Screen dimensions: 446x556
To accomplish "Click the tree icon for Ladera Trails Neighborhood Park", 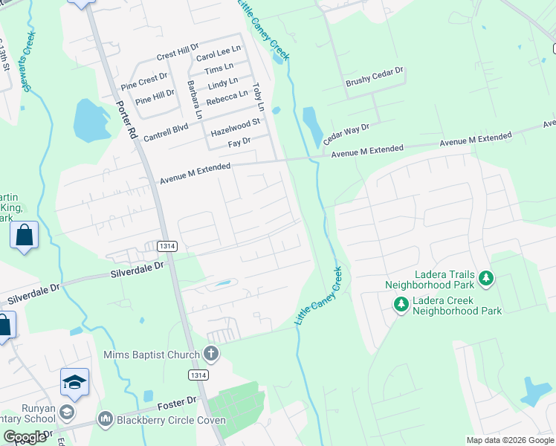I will (x=486, y=278).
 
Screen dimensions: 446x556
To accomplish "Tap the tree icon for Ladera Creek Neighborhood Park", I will (x=401, y=303).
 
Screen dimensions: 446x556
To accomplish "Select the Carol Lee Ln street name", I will (x=219, y=53).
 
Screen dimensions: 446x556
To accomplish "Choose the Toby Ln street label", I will (x=258, y=97).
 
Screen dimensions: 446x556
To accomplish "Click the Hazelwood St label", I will (x=236, y=126).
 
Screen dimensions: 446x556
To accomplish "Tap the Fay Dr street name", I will (x=239, y=140).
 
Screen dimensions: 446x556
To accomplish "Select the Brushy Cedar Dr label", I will (x=374, y=77).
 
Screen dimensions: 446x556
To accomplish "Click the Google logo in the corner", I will (x=25, y=436).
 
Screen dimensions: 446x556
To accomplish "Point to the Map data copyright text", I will (x=509, y=440).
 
